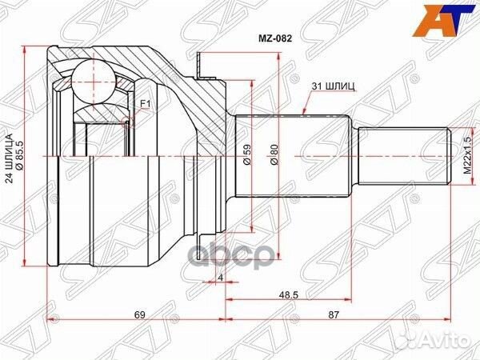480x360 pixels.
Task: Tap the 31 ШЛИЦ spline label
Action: coord(327,85)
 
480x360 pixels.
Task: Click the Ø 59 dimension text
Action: coord(246,154)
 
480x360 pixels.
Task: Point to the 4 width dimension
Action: coord(220,278)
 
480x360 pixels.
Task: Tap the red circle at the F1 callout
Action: coord(128,122)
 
